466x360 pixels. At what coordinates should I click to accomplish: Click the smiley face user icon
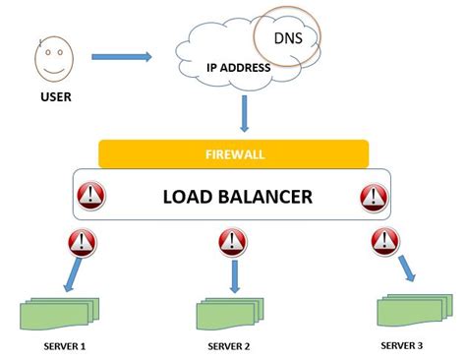point(56,60)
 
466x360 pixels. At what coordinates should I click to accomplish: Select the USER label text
point(56,97)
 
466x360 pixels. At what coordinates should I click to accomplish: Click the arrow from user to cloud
point(127,57)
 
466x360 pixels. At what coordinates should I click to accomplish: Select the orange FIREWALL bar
point(234,154)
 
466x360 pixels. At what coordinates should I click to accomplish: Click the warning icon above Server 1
point(81,242)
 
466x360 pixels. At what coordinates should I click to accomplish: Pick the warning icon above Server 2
point(232,242)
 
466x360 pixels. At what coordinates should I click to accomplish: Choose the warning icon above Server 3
point(382,241)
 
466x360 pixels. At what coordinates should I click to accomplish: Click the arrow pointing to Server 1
point(69,280)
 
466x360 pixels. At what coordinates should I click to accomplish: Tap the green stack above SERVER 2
point(230,314)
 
